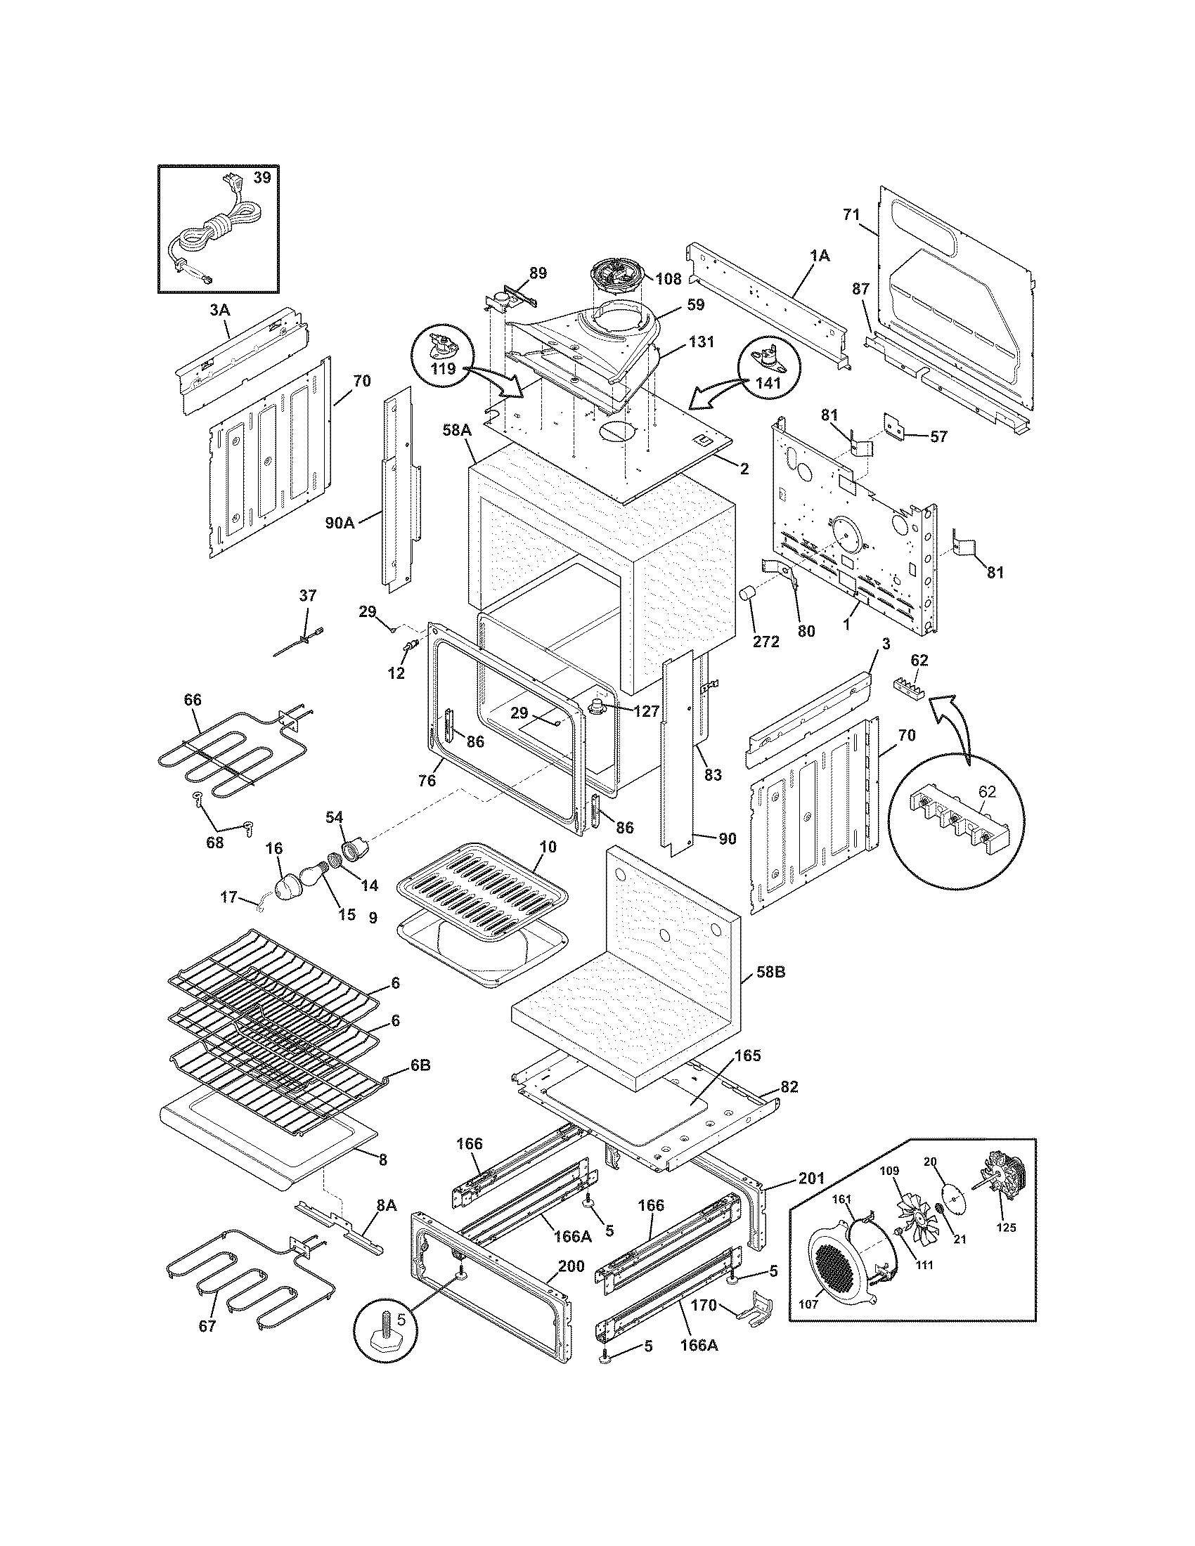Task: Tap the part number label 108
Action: pos(668,279)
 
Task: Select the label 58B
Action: pos(771,973)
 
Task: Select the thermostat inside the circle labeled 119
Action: pos(446,349)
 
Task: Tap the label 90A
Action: pos(340,523)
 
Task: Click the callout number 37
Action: pos(308,595)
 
